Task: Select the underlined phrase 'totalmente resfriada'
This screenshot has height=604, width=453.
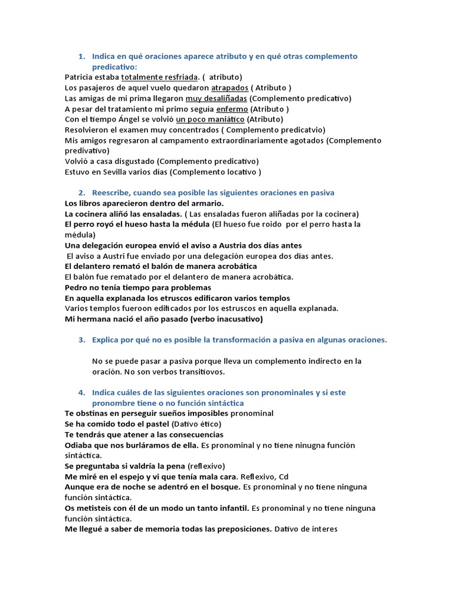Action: [159, 77]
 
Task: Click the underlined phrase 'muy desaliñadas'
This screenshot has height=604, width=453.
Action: [216, 98]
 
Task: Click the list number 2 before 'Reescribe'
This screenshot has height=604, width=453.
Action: [81, 193]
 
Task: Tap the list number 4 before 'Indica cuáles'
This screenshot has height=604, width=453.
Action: [81, 393]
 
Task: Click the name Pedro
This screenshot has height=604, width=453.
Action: [77, 287]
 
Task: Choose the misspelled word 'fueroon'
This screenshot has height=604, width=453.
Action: [139, 308]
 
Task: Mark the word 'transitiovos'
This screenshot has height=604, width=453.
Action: [204, 372]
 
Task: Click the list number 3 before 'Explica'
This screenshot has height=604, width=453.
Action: [81, 340]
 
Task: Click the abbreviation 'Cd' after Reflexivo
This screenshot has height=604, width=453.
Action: [283, 477]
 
